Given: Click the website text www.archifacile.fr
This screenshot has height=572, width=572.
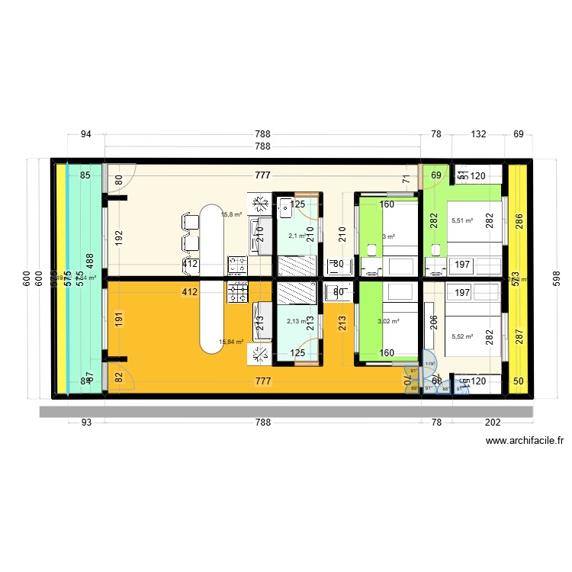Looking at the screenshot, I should [524, 440].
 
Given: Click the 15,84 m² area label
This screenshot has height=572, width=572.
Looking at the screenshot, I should [230, 342].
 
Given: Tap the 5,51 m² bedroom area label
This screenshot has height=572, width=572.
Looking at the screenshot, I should [462, 221].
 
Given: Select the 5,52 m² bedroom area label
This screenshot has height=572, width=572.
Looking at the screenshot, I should [462, 336].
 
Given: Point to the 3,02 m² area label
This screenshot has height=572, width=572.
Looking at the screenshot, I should [388, 322].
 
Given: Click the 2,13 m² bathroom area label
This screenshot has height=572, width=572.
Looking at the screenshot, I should [297, 321].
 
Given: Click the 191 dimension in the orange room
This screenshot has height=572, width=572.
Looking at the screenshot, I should [119, 320].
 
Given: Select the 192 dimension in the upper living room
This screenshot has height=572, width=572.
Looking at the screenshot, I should [119, 236].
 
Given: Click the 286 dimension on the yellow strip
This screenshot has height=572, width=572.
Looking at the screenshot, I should [519, 222].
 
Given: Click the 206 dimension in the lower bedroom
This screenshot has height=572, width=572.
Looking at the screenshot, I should [432, 323].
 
